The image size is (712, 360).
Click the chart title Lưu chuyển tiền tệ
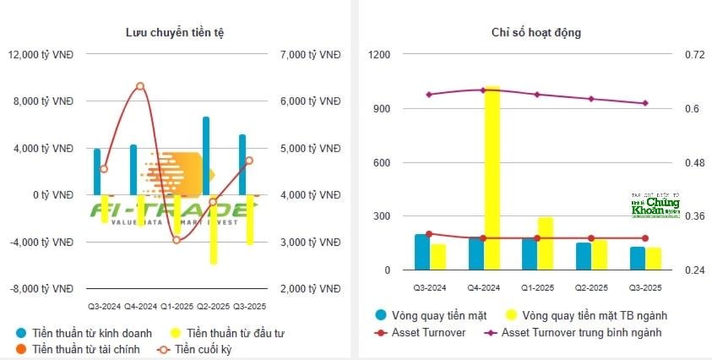coord(174,32)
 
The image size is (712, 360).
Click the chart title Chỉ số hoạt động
coord(535,32)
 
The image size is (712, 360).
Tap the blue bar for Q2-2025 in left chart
coord(206,155)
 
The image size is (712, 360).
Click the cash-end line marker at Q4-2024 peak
coord(140,86)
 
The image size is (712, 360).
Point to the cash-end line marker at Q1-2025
coord(177,240)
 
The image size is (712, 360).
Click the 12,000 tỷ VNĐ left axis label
coord(40,55)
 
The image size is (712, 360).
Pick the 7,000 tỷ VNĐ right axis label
coord(303,55)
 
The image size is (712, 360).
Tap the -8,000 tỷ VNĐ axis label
coord(41,288)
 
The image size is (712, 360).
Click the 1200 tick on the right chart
coord(379,55)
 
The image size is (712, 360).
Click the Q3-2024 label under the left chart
coord(104,305)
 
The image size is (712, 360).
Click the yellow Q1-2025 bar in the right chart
coord(546,243)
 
